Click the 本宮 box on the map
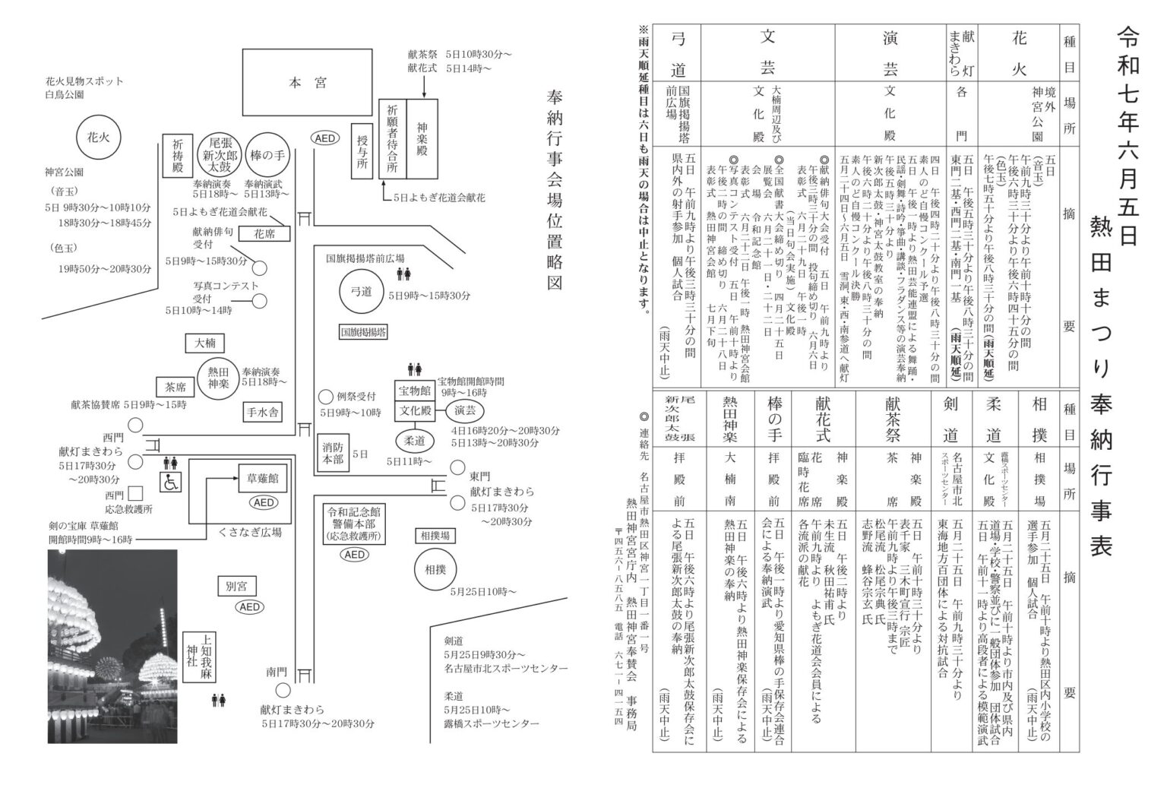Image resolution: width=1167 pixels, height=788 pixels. coord(307,83)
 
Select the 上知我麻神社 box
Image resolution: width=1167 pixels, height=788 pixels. coord(206,658)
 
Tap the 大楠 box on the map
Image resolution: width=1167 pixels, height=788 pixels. coord(205,343)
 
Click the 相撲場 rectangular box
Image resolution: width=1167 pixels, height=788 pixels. coord(434,536)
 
